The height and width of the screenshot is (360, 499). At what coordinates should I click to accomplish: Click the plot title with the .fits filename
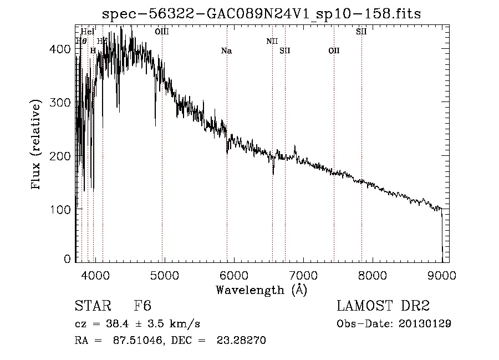coord(262,14)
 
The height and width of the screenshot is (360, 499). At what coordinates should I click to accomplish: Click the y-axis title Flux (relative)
coord(37,145)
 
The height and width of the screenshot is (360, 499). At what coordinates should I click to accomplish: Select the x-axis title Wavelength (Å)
coord(261,290)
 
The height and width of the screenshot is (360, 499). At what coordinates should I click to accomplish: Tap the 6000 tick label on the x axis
coord(233,275)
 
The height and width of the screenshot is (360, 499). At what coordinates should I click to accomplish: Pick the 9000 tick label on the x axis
coord(441,275)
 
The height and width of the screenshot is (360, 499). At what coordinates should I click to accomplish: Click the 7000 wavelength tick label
coord(303,275)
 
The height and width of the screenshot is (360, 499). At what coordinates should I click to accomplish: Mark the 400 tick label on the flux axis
coord(62,49)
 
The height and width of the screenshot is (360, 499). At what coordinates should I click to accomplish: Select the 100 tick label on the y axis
coord(62,210)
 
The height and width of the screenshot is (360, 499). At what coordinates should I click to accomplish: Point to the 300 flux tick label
coord(62,103)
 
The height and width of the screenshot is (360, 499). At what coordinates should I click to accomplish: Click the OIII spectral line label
coord(162,32)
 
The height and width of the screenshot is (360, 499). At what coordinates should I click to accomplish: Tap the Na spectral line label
coord(226,51)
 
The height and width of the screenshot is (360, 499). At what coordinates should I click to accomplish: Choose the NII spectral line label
coord(272,41)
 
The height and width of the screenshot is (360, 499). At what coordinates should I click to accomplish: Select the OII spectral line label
coord(334,51)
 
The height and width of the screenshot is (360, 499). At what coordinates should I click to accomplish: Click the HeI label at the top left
coord(88,32)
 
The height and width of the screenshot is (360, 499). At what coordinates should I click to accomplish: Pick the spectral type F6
coord(143,306)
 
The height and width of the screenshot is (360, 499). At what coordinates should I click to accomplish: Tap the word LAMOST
coord(362,306)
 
